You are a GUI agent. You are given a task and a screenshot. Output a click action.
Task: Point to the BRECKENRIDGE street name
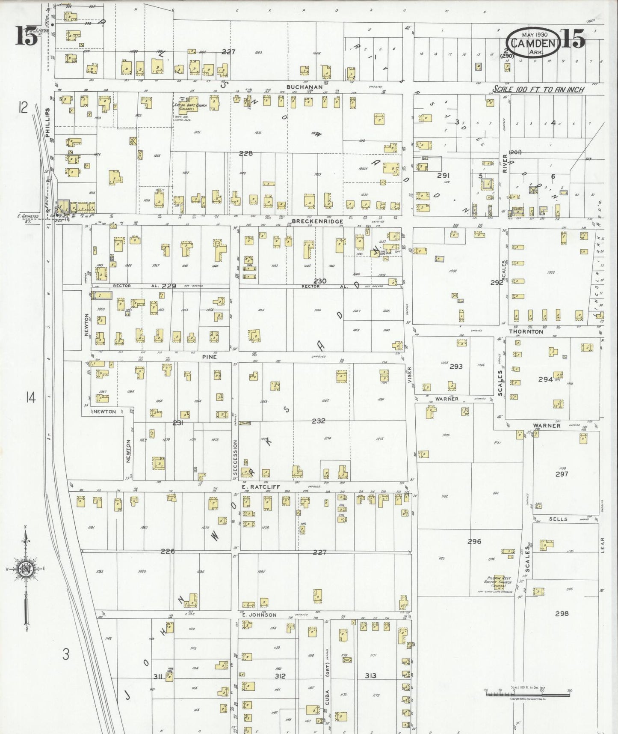coord(317,221)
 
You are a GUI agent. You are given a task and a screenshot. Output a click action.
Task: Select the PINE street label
coord(210,357)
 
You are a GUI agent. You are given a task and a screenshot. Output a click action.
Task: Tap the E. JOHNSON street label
coord(259,615)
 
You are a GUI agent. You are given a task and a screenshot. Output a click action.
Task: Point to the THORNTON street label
coord(526,331)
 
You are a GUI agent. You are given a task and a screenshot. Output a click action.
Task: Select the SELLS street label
coord(558,519)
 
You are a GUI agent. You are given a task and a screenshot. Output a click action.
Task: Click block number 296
coord(474,541)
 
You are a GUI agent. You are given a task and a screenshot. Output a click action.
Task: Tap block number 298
coord(562,614)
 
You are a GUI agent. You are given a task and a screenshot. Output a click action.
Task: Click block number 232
coord(318,421)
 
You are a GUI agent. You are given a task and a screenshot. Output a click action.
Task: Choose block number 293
coord(456,367)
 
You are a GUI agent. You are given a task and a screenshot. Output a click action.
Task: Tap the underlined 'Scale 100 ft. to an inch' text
coord(538,90)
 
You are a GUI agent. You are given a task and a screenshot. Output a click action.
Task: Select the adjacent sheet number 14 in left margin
coord(30,398)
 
